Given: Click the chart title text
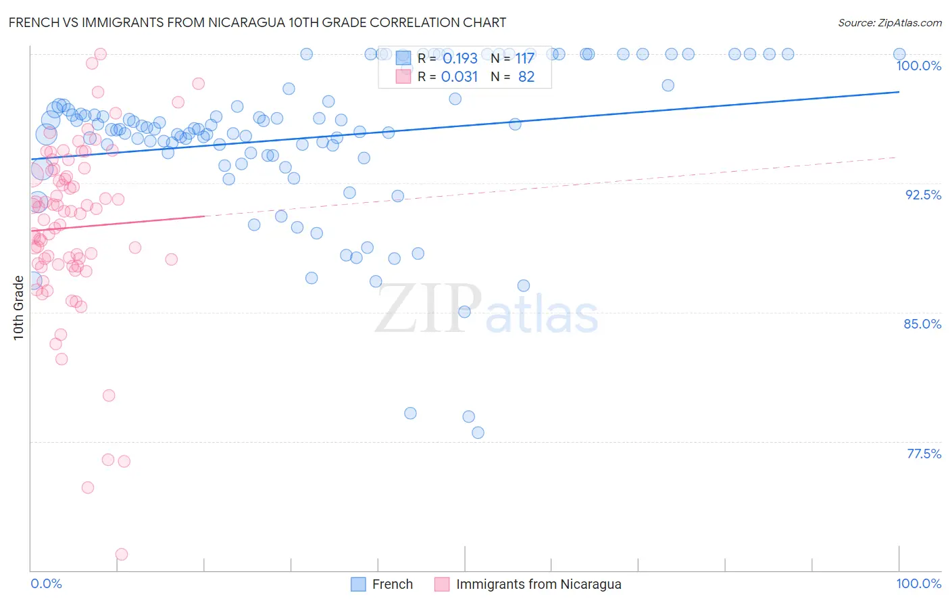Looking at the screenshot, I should pos(257,22).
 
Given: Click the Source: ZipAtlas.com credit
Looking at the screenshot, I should pos(889,22).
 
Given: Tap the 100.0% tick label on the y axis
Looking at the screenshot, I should pos(918,66).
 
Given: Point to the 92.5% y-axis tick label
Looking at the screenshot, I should pos(923,195).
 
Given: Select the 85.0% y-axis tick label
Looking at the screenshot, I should pos(922,324).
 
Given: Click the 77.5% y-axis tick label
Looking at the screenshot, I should pos(924,454).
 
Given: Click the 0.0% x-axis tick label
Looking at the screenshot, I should pos(46,583).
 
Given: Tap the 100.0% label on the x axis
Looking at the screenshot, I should pos(918,583).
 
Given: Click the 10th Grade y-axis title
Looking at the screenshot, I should pos(18,308).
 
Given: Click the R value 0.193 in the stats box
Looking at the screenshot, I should pos(460,59).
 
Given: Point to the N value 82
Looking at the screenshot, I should pos(526,77).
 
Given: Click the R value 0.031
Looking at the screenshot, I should pos(459,77).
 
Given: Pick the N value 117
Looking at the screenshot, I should pos(525,59).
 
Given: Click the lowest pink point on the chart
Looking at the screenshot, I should pos(122,554).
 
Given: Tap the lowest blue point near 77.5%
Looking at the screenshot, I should pos(478,433).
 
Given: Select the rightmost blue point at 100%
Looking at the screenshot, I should pos(899,54).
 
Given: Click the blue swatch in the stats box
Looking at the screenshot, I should pos(403,58).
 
